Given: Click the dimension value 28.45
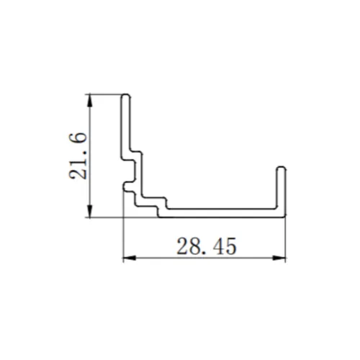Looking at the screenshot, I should coord(205,247).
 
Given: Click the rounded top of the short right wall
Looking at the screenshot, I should coord(281,168).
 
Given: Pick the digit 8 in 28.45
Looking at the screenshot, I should coord(191,247).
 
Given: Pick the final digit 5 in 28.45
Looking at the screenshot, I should coord(230,247).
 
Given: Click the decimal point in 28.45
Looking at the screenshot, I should coord(202,253).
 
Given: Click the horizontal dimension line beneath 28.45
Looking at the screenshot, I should coord(166,258).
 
